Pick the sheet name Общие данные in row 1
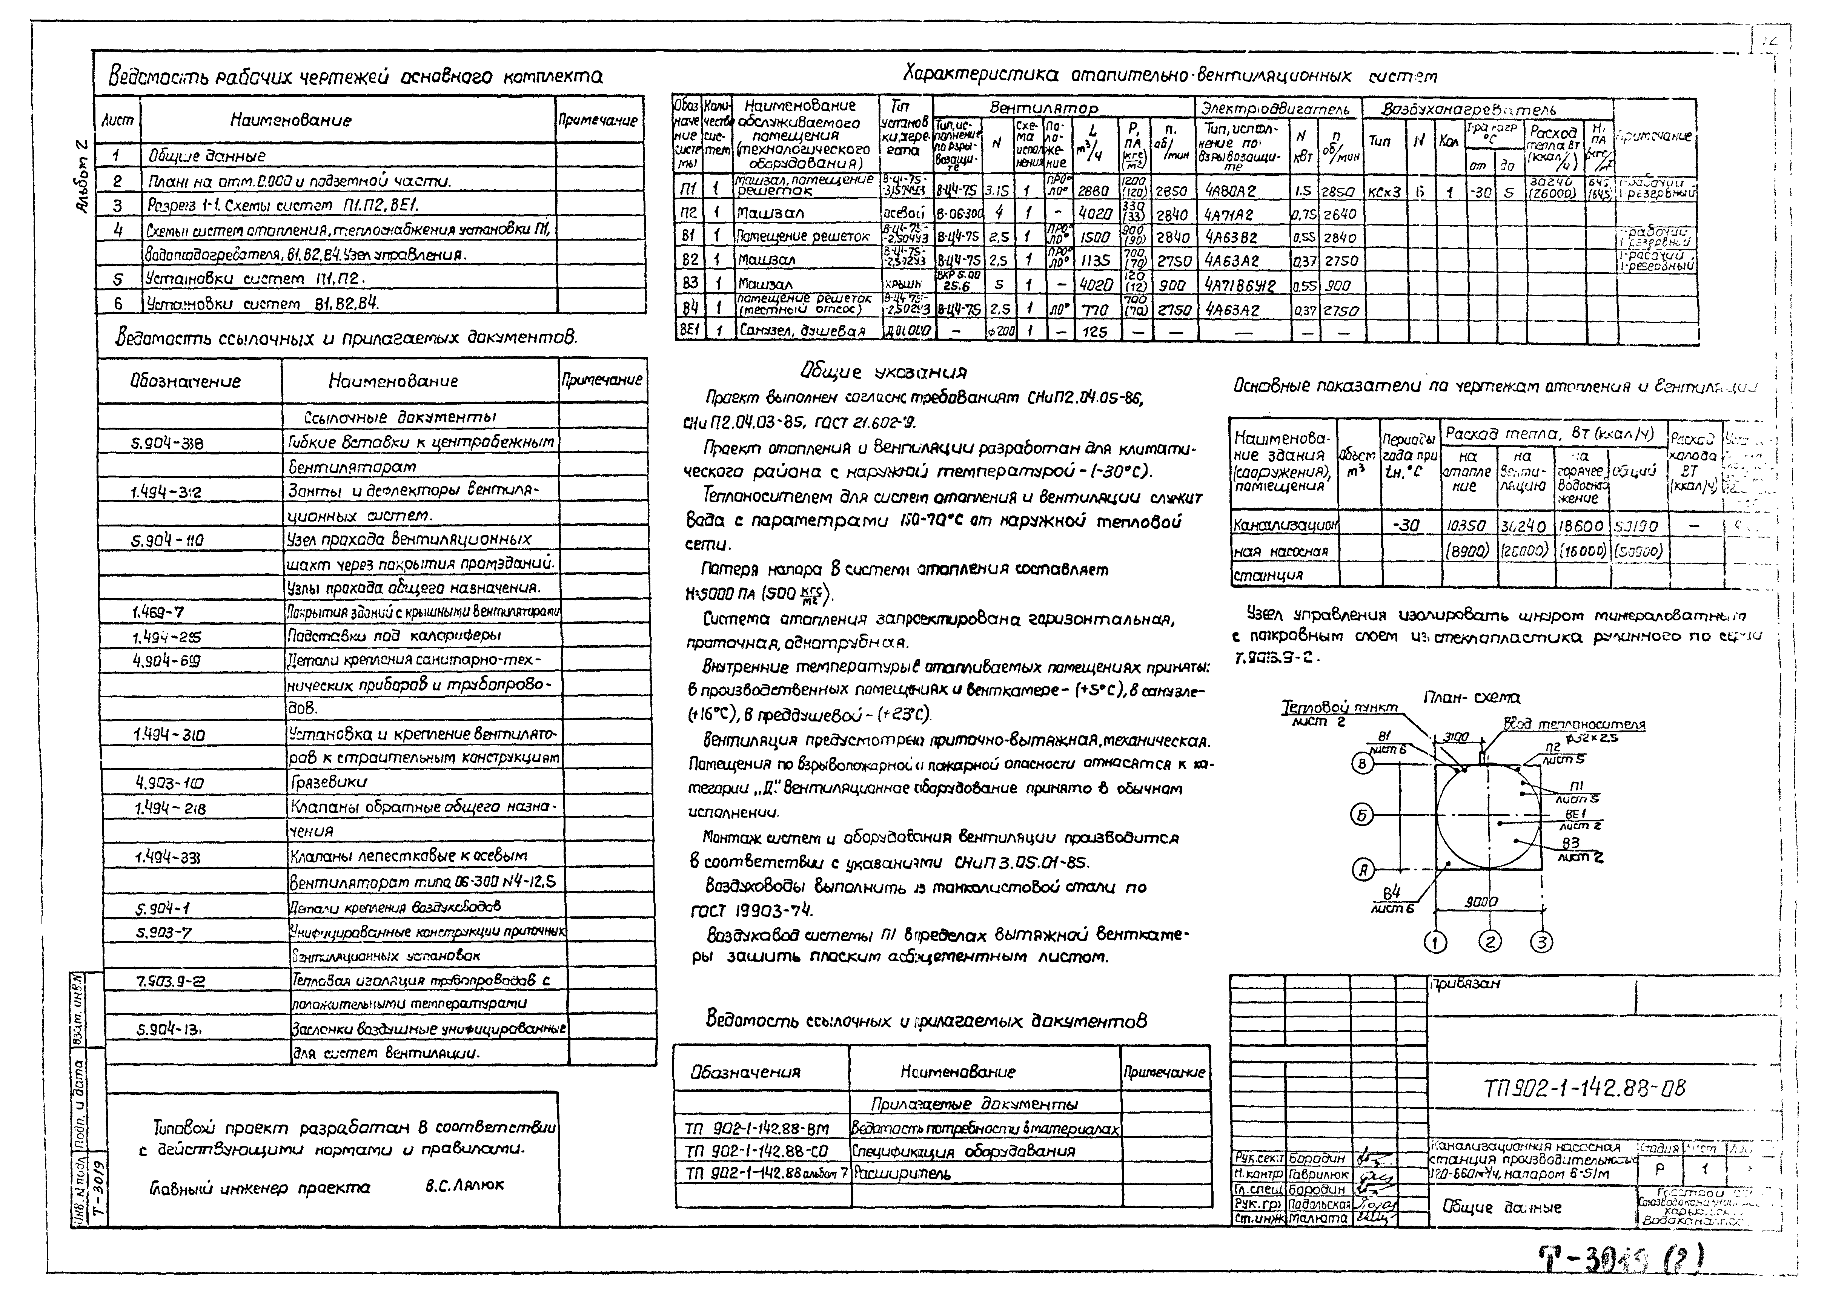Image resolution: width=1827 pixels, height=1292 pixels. click(207, 156)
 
